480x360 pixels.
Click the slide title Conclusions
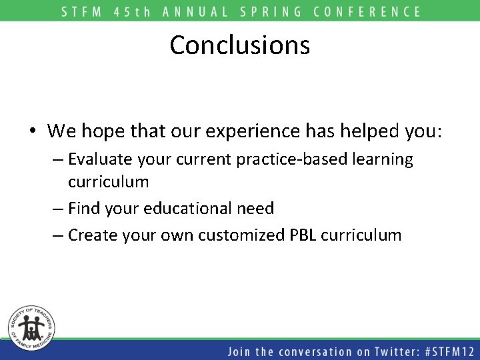click(x=239, y=45)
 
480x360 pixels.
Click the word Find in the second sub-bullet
click(x=85, y=209)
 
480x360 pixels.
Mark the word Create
click(x=92, y=235)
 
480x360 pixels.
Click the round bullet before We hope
click(x=32, y=132)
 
